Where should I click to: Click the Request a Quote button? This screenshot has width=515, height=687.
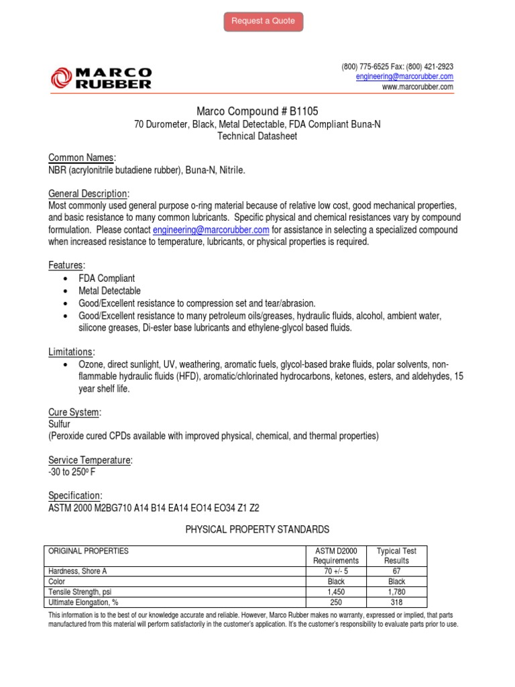tap(263, 21)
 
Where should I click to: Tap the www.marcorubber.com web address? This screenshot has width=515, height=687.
tap(417, 87)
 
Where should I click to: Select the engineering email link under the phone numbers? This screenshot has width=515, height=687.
tap(404, 77)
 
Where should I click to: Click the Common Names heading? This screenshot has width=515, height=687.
tap(82, 158)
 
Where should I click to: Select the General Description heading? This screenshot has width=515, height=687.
tap(89, 193)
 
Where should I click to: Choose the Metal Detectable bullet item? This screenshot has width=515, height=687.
tap(110, 290)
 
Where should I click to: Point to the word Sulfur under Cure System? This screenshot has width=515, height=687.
tap(59, 424)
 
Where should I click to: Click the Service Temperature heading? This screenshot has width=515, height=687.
tap(91, 460)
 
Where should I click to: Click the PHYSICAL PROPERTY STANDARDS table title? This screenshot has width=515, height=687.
tap(257, 530)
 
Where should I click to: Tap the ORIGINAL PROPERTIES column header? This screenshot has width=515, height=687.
tap(88, 551)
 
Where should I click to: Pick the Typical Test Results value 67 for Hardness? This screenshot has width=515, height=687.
tap(396, 571)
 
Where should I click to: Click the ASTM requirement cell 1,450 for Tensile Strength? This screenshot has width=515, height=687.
tap(336, 592)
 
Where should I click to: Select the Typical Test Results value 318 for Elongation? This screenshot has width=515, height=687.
tap(396, 602)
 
